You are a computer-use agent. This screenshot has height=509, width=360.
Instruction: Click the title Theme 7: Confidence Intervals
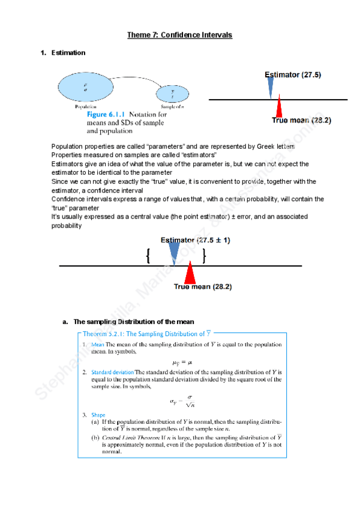[x=179, y=35]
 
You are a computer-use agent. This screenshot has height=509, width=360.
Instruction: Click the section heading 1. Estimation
[x=63, y=53]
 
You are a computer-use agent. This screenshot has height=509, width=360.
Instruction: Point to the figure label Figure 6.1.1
[x=107, y=114]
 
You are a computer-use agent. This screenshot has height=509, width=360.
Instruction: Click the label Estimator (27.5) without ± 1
[x=293, y=75]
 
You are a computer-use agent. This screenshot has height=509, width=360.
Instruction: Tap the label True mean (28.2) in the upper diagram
[x=302, y=121]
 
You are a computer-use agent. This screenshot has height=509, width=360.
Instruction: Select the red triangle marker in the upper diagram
[x=278, y=109]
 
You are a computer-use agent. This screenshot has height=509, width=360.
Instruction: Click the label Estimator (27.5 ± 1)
[x=196, y=240]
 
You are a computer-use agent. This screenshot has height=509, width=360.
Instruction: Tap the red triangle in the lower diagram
[x=190, y=274]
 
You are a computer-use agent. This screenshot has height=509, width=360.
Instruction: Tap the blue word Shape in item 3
[x=98, y=414]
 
